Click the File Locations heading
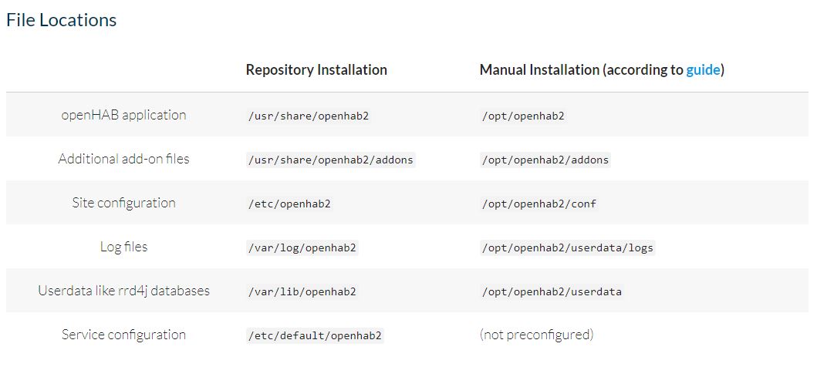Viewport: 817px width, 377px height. [62, 20]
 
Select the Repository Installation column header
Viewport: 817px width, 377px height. [316, 70]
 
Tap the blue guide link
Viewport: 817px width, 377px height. [703, 70]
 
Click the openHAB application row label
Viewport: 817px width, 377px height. [123, 115]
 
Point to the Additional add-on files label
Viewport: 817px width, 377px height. [123, 158]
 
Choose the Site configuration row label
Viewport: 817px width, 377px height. [123, 203]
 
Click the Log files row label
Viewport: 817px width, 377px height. [123, 246]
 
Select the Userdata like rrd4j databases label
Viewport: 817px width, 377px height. [123, 291]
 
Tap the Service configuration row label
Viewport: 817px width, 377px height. [123, 335]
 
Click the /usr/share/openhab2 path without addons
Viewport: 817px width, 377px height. [309, 116]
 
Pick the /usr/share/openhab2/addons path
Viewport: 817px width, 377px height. [331, 160]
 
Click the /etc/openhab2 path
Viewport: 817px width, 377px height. [289, 204]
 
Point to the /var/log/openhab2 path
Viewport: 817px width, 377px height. [302, 247]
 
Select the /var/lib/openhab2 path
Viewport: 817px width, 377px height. [302, 291]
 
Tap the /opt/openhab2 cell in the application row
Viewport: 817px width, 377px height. [523, 116]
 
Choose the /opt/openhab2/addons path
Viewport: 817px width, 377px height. [545, 160]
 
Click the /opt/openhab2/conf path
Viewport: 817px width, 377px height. [538, 204]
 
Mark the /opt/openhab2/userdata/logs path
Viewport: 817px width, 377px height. [568, 247]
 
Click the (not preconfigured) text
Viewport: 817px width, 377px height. [537, 335]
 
